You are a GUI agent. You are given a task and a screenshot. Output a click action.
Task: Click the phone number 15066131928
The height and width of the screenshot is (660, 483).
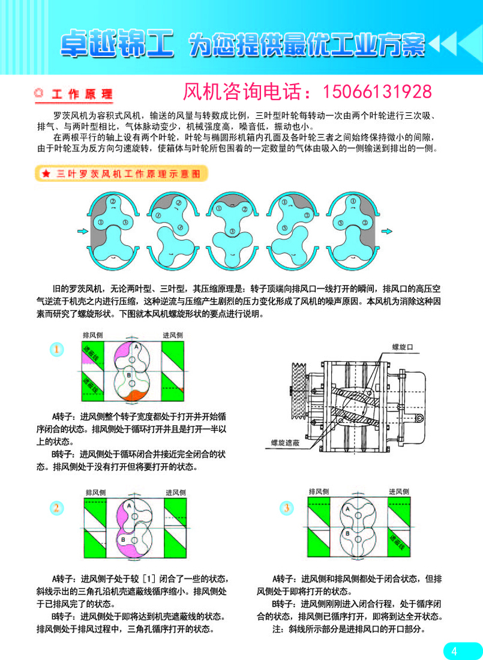(x=377, y=92)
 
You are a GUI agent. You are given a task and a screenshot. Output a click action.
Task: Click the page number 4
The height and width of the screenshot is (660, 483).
(x=454, y=651)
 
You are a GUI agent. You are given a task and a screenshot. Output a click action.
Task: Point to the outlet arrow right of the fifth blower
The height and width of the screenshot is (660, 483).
(x=387, y=230)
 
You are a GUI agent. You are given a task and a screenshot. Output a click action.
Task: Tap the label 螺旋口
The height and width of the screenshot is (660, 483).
(x=403, y=347)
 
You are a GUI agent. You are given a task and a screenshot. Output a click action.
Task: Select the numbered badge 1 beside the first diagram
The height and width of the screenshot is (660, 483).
(x=56, y=349)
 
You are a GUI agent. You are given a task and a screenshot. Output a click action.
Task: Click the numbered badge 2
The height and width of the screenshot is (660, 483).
(x=56, y=508)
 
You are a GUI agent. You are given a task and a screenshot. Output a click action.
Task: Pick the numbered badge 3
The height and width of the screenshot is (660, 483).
(x=287, y=508)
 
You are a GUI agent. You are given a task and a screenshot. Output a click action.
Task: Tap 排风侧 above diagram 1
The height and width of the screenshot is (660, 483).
(x=92, y=335)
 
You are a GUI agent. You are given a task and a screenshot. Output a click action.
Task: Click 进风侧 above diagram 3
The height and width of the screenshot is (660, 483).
(x=400, y=491)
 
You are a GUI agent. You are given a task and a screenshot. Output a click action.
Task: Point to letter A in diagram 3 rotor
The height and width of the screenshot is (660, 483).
(x=347, y=509)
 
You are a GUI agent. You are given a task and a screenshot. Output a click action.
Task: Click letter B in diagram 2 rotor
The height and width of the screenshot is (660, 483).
(x=123, y=541)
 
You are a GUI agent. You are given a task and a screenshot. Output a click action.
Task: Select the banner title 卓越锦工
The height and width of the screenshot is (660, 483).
(x=118, y=43)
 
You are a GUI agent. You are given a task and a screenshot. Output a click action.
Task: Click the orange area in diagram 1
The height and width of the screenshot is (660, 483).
(x=130, y=395)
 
